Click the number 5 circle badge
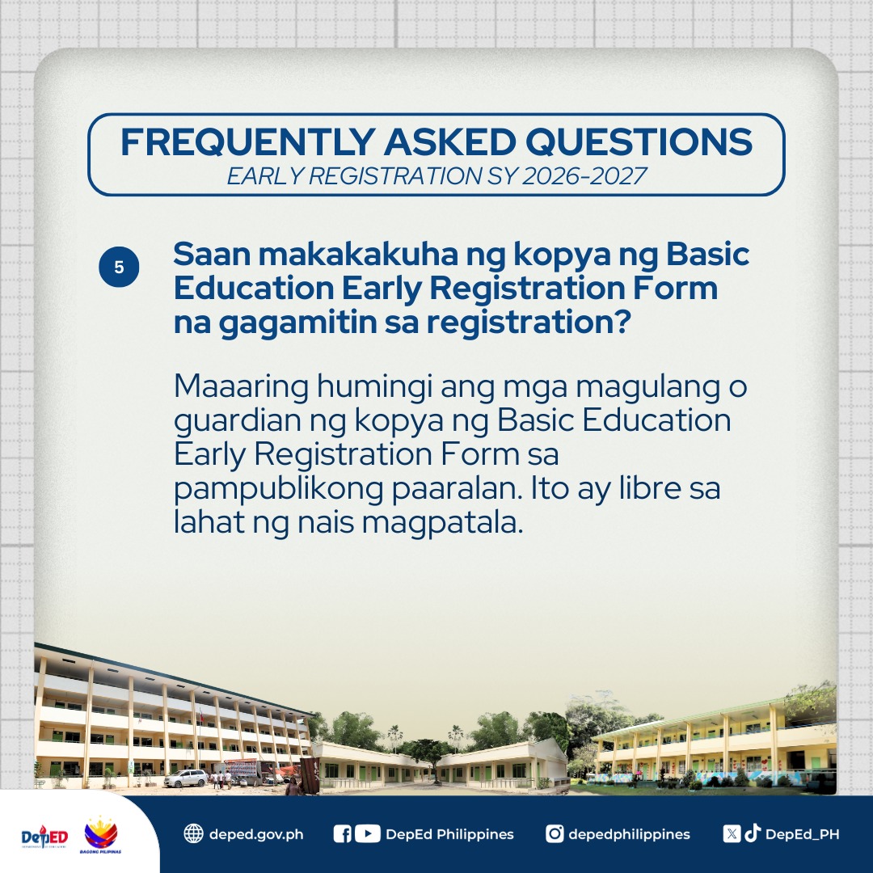coord(119,268)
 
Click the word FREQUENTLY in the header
coord(245,142)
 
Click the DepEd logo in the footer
coord(44,835)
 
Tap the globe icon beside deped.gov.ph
coord(193,833)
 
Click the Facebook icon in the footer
coord(342,833)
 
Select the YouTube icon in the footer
coord(367,833)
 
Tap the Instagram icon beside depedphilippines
coord(555,833)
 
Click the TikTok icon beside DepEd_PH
coord(753,833)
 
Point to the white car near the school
coord(186,778)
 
